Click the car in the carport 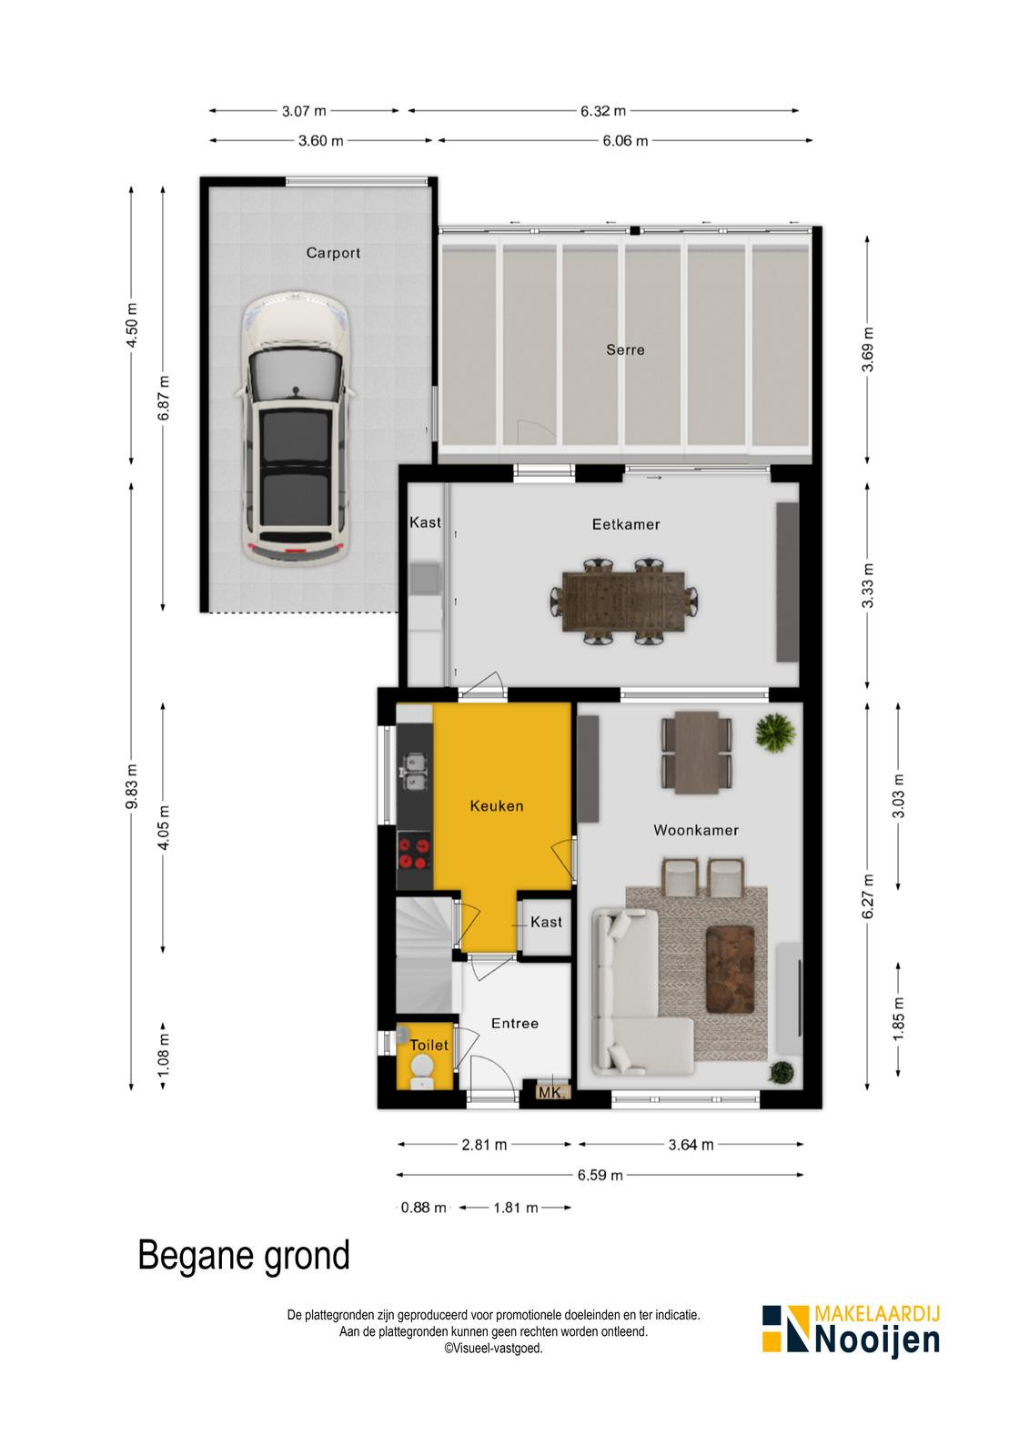[296, 427]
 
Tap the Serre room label [625, 349]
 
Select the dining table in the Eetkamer [623, 602]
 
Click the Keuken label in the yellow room [497, 806]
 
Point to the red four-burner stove [415, 854]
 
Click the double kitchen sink [414, 770]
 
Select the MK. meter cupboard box [553, 1092]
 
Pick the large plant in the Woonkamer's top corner [775, 733]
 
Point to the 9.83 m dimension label [131, 786]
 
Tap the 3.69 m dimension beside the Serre [867, 349]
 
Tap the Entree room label [515, 1023]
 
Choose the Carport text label [334, 253]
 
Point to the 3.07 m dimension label [304, 111]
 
